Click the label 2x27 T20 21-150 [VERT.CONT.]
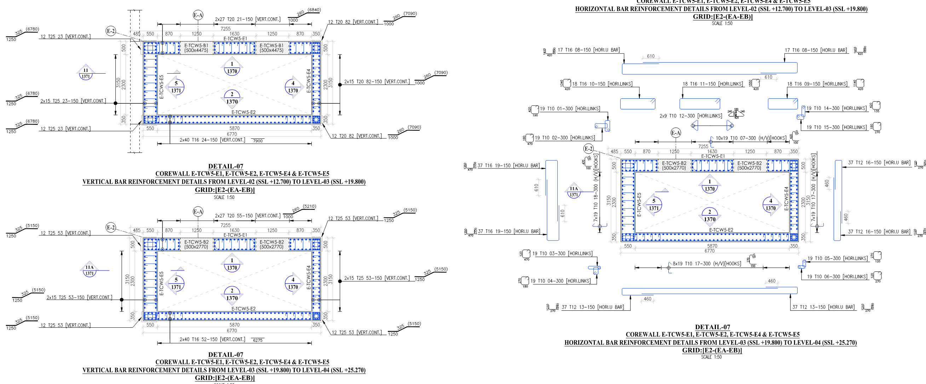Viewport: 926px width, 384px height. (248, 19)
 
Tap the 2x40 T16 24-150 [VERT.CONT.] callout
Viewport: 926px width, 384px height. (212, 140)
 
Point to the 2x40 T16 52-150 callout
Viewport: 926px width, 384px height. (212, 339)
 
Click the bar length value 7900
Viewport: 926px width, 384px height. (258, 141)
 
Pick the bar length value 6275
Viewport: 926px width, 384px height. (258, 340)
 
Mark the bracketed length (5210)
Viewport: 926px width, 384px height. (309, 207)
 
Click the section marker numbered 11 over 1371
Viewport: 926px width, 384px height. (86, 73)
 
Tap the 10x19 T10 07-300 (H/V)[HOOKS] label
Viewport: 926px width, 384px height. (750, 138)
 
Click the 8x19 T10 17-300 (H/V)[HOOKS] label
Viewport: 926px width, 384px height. (707, 264)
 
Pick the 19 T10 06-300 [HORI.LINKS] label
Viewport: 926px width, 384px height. (836, 276)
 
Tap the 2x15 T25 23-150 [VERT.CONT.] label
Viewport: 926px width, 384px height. (73, 101)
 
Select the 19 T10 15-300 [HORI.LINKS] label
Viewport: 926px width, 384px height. (836, 127)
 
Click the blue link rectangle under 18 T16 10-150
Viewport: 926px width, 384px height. (638, 104)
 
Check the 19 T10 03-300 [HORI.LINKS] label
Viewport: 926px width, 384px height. (562, 253)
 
